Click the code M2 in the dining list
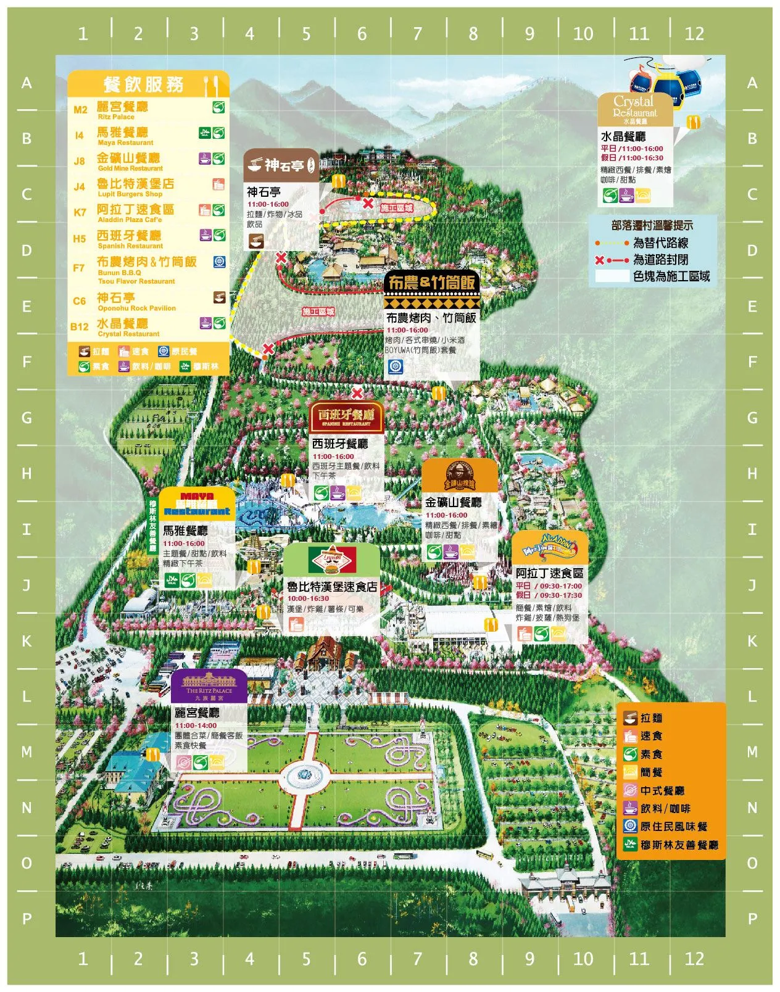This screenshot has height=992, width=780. click(80, 110)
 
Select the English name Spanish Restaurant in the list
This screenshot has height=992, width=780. click(130, 246)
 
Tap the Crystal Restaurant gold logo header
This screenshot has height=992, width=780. click(634, 109)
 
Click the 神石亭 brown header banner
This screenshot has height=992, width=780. click(281, 165)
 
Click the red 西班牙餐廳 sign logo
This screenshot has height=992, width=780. click(346, 418)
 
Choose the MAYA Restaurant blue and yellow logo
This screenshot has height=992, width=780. click(197, 504)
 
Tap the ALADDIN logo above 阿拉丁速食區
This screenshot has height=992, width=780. click(549, 545)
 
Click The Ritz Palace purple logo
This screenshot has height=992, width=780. click(209, 685)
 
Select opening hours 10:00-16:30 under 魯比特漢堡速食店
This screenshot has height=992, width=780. click(308, 598)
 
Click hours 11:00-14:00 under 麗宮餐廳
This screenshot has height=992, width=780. click(196, 725)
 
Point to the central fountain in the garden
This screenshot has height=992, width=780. click(304, 774)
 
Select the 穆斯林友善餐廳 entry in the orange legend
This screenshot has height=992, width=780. click(671, 845)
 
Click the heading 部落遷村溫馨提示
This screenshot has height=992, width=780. click(652, 226)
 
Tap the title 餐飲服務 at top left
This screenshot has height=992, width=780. click(143, 85)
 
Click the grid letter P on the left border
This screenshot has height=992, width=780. click(27, 919)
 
